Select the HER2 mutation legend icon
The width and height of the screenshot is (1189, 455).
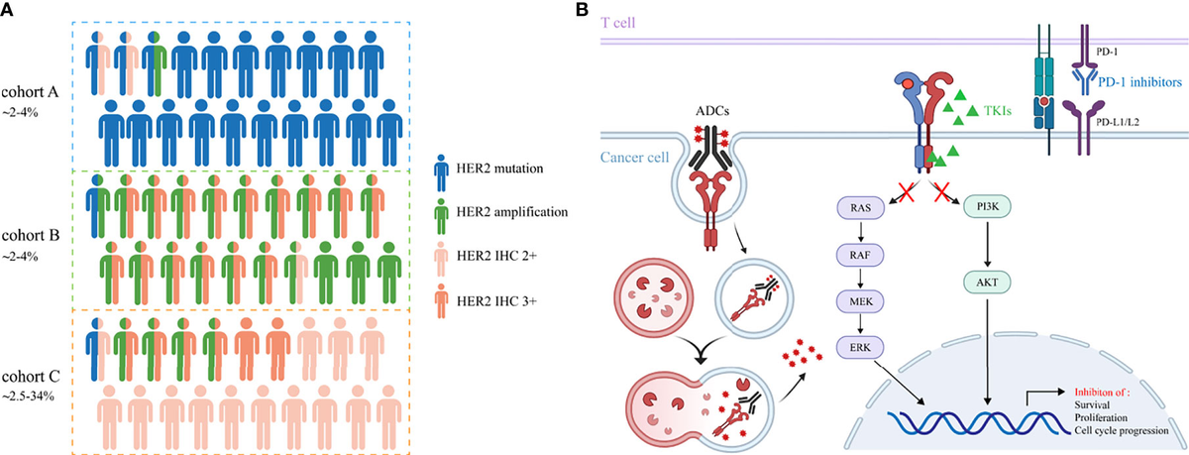point(446,171)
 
